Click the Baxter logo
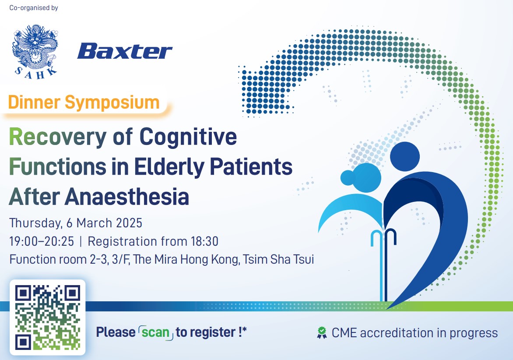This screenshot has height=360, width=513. click(x=125, y=51)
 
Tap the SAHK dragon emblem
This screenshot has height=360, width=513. click(x=35, y=51)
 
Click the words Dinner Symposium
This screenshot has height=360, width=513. click(x=84, y=102)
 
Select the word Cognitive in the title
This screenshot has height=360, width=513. click(x=188, y=137)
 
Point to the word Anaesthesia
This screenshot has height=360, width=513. click(x=126, y=197)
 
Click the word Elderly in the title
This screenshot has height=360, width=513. click(x=169, y=166)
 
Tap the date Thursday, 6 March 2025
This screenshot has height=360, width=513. click(x=76, y=223)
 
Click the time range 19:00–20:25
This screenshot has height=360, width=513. click(x=42, y=241)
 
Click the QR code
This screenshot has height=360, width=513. click(x=47, y=317)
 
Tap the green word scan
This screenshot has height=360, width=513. click(x=155, y=332)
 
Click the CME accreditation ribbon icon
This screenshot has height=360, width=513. click(x=322, y=332)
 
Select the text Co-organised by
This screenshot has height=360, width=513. click(x=34, y=8)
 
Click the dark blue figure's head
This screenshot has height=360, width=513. click(x=405, y=156)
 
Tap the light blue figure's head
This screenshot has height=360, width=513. click(x=363, y=177)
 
